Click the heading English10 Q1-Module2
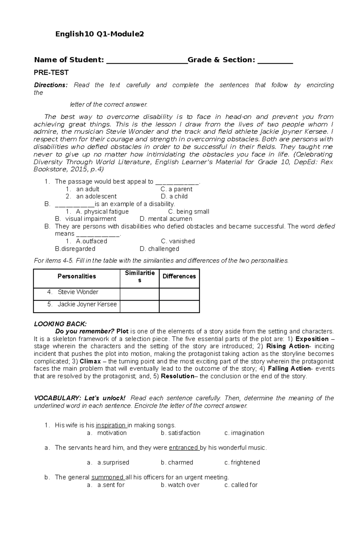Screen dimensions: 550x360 [99, 34]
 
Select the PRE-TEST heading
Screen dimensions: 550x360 [51, 73]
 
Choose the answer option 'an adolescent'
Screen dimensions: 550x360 [96, 196]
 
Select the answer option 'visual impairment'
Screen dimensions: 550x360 [91, 219]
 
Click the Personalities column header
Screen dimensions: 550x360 [77, 276]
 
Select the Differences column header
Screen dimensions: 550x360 [179, 276]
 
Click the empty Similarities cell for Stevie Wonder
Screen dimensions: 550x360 [139, 294]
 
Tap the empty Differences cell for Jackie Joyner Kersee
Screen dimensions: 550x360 [179, 306]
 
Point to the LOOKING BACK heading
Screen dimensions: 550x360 [60, 324]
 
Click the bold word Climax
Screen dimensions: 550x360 [90, 361]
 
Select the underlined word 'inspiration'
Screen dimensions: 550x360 [111, 425]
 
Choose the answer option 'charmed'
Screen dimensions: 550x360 [177, 462]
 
